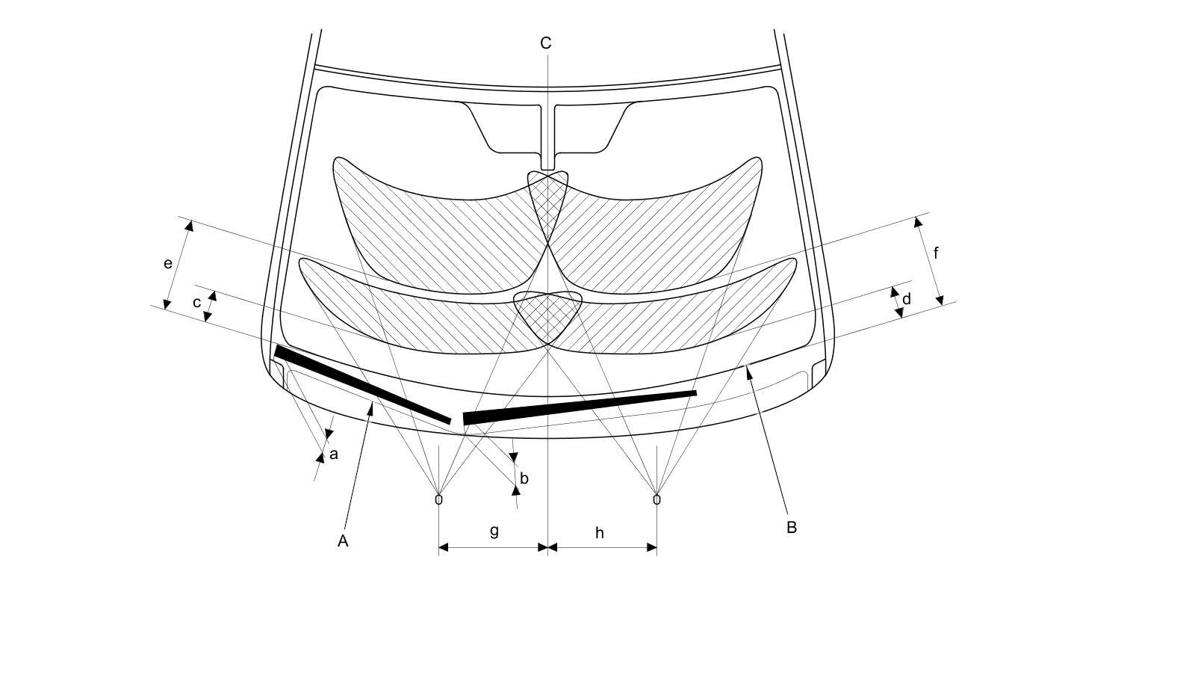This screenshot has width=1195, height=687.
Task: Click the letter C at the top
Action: click(546, 43)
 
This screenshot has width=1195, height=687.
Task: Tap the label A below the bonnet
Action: click(343, 541)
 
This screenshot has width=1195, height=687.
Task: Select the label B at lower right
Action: click(792, 527)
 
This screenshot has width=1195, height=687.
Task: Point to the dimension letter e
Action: click(168, 263)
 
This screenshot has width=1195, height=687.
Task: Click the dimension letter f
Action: click(936, 253)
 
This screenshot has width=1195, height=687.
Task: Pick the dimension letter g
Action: click(494, 531)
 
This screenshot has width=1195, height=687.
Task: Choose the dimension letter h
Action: click(600, 533)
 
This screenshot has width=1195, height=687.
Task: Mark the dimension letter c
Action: click(197, 303)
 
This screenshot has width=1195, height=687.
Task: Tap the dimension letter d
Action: click(907, 300)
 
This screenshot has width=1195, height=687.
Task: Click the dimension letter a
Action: click(334, 454)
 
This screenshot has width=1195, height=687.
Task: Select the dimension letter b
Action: click(524, 478)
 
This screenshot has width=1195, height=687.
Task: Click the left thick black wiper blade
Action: click(363, 384)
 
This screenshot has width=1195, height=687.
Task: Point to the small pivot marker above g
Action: click(438, 499)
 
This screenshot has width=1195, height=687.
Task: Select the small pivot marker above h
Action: click(657, 499)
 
